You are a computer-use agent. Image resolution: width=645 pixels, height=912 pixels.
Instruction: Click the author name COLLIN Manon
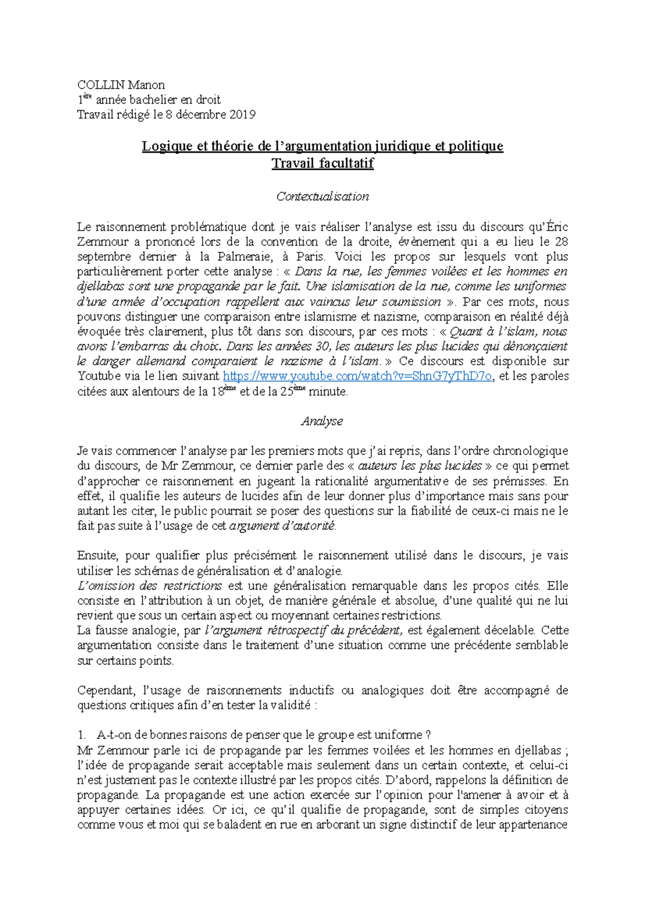point(121,85)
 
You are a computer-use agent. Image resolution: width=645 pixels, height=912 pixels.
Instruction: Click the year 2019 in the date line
point(242,114)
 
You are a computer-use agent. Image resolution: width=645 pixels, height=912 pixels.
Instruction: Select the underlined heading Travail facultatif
point(322,163)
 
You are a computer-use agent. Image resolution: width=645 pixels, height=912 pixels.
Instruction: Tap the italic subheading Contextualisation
point(322,197)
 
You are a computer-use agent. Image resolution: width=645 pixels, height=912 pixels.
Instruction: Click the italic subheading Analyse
point(322,421)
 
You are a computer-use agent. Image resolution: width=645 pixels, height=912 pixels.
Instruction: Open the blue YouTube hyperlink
point(357,377)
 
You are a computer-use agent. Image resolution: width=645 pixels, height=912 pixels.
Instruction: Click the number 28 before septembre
point(561,242)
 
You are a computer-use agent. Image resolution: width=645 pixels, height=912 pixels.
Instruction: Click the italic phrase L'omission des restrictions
point(149,586)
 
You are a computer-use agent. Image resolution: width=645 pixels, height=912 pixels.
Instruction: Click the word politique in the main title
point(476,146)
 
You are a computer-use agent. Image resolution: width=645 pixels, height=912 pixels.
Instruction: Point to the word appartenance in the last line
point(533,825)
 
